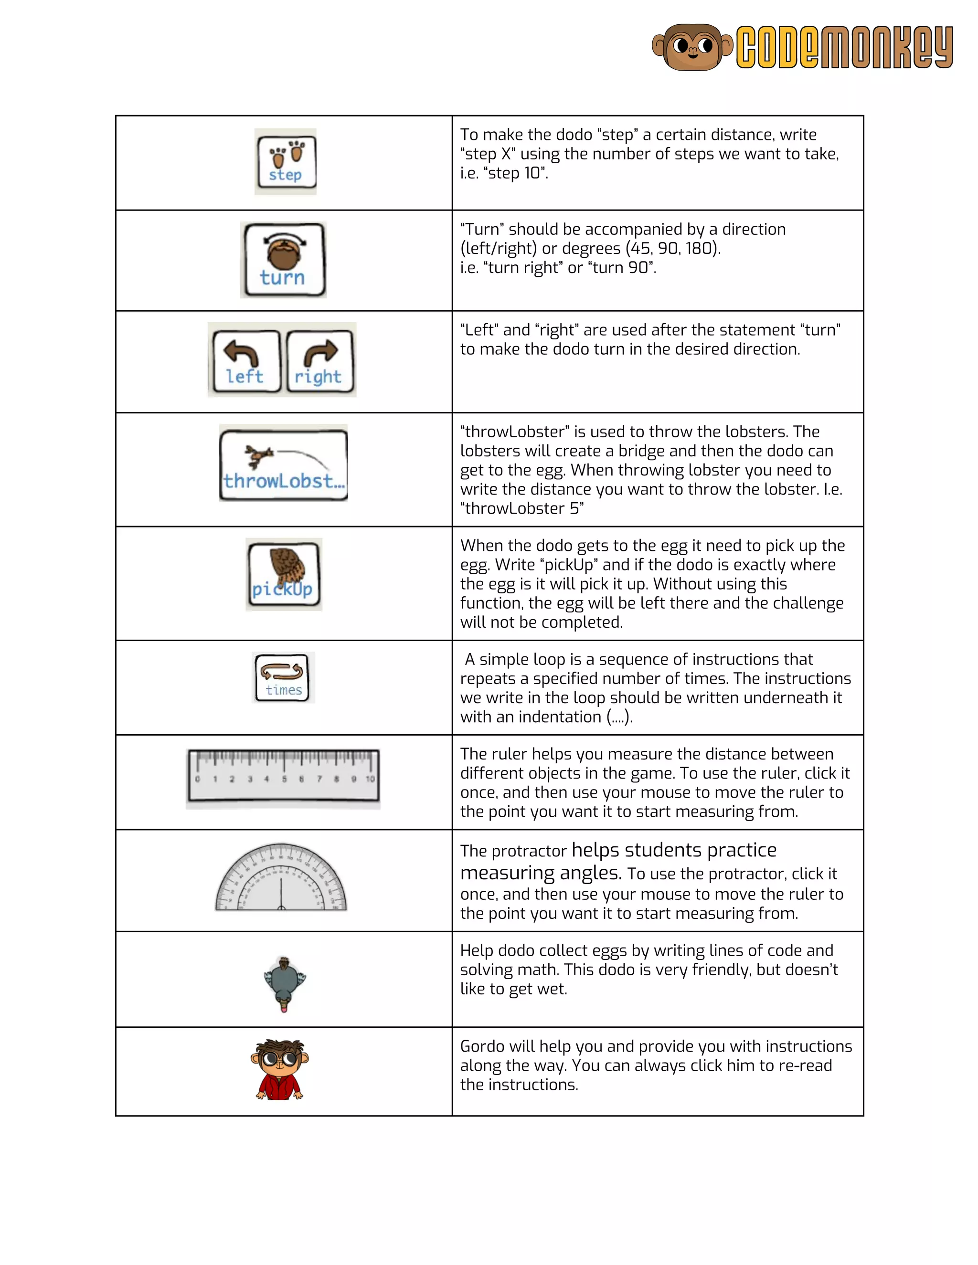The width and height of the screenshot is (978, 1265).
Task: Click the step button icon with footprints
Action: [x=286, y=162]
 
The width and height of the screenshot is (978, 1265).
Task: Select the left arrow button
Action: [x=245, y=361]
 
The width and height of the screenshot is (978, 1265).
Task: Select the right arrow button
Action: [x=320, y=361]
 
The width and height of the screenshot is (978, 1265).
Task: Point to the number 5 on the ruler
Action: [x=285, y=779]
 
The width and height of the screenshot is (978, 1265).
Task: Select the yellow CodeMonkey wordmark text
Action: [x=844, y=47]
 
